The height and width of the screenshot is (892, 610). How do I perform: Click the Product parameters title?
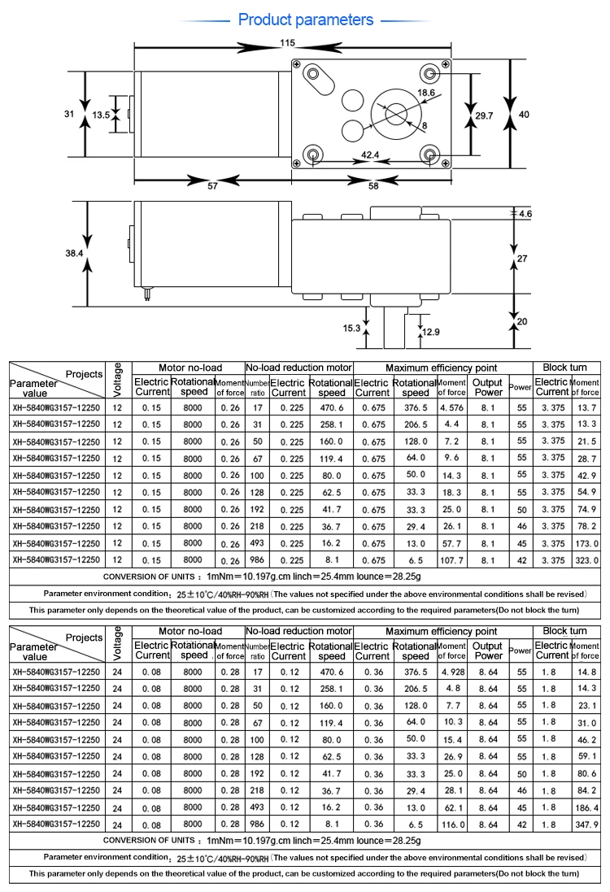305,20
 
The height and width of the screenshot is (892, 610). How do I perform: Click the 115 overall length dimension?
286,42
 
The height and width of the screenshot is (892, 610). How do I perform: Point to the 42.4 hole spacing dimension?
370,154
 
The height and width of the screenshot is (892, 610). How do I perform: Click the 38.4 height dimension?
74,253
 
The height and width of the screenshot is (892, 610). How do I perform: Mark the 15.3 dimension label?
351,329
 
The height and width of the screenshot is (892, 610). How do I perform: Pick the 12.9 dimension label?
432,332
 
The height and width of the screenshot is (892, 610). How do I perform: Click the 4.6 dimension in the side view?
525,214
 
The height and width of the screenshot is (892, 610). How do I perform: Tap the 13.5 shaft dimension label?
101,115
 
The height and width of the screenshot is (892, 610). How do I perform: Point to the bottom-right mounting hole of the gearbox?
428,154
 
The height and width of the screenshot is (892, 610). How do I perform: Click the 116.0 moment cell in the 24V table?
452,825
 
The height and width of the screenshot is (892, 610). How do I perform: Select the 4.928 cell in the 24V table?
452,672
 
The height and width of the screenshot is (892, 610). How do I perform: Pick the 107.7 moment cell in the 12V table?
452,561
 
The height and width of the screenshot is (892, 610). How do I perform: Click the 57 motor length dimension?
212,186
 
